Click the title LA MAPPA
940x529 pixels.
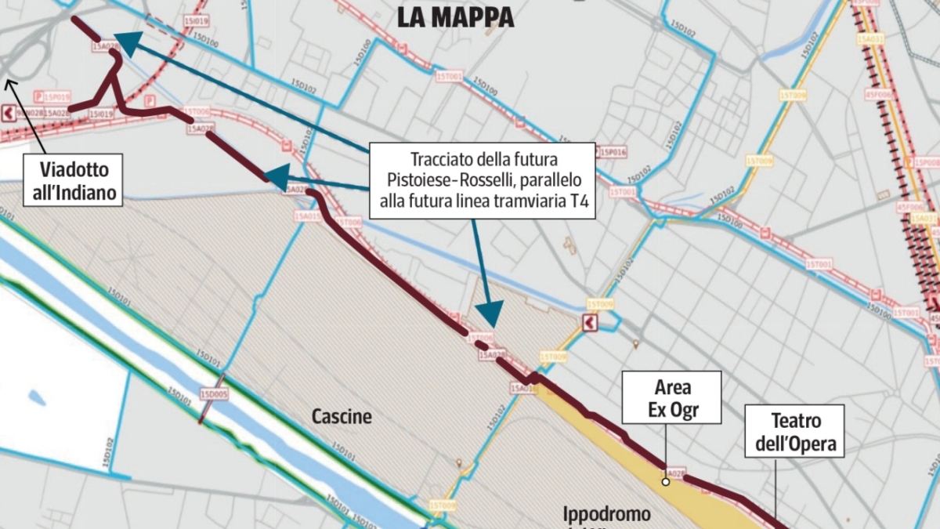point(455,17)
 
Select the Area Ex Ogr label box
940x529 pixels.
point(672,399)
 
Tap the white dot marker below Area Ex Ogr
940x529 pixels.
point(665,481)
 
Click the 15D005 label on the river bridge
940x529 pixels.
point(214,394)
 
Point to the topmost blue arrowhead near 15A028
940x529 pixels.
point(126,42)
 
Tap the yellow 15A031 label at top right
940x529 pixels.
point(870,38)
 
